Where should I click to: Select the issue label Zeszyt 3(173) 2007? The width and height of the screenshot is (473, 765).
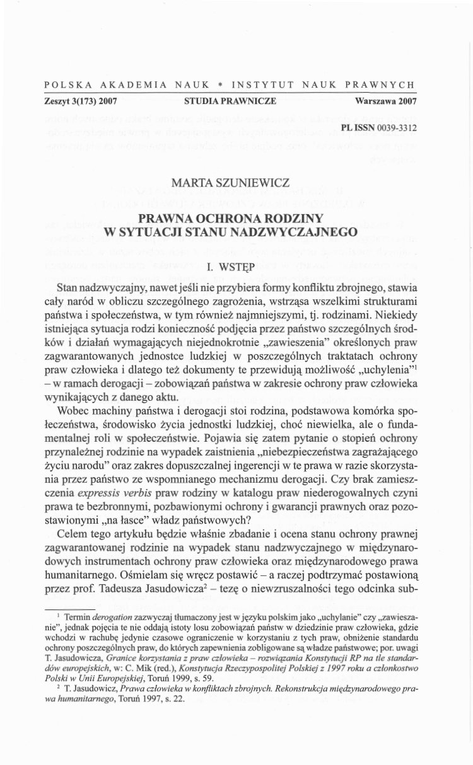coord(81,100)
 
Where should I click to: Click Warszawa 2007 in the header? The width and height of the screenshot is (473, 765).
coord(385,100)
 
